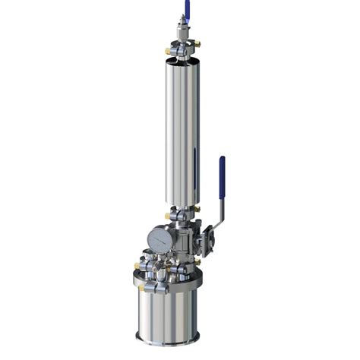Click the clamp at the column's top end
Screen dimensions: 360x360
coord(182,54)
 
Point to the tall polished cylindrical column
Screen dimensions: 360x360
coord(182,129)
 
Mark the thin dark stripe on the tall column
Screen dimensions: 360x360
coord(194,171)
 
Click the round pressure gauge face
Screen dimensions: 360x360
coord(159,239)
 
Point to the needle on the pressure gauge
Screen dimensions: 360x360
coord(159,239)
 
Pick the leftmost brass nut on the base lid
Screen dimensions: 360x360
coord(137,267)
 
